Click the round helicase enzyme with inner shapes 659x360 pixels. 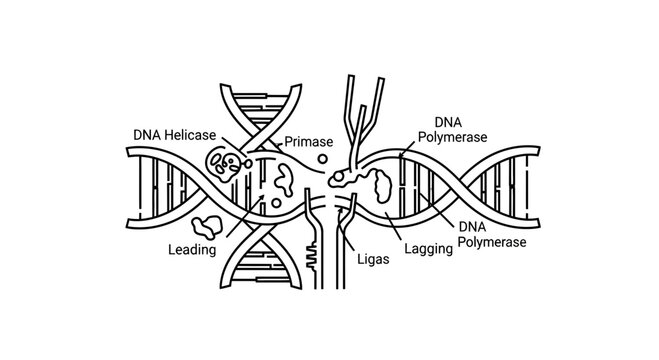click(223, 164)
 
